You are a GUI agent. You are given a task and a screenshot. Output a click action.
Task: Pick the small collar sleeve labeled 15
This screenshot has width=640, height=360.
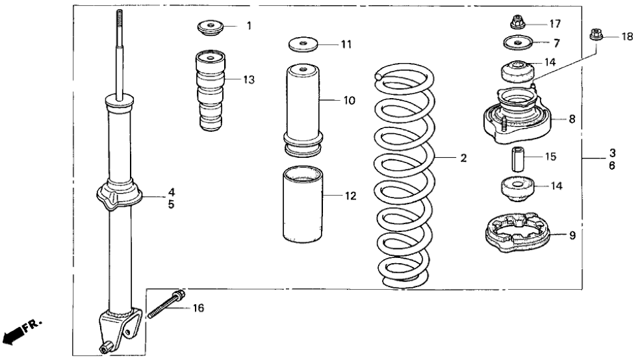pyautogui.click(x=518, y=158)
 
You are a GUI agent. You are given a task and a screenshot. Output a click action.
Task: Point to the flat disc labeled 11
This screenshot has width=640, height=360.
pyautogui.click(x=302, y=45)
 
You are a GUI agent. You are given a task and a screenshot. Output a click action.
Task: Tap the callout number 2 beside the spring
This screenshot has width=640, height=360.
pyautogui.click(x=463, y=159)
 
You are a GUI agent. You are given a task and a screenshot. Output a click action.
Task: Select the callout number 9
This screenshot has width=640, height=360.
pyautogui.click(x=572, y=235)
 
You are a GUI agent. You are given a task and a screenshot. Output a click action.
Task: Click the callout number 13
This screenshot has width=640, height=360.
pyautogui.click(x=249, y=80)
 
